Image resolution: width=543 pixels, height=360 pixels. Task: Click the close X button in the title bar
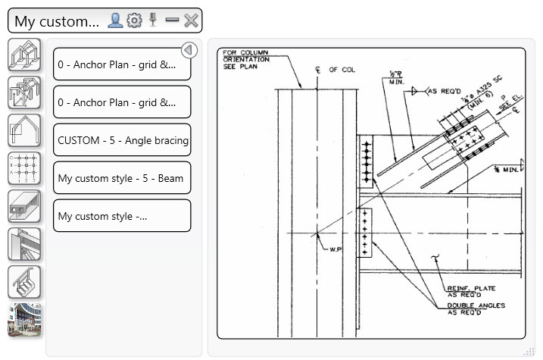click(192, 20)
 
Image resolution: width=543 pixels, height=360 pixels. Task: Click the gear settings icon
click(135, 20)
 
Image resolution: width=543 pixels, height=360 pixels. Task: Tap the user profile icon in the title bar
click(115, 20)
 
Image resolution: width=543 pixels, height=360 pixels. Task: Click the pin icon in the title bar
click(154, 20)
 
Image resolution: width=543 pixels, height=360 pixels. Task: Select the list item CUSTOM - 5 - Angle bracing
click(122, 140)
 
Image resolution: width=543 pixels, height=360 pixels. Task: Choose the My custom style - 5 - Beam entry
click(122, 178)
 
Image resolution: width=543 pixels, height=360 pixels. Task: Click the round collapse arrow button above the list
click(189, 51)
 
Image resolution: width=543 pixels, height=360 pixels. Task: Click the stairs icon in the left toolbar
click(23, 282)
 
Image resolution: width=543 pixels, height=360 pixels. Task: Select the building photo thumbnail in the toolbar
click(23, 319)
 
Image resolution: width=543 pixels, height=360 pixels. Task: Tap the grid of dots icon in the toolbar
click(23, 168)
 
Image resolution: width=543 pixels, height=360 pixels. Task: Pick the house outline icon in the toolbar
click(23, 130)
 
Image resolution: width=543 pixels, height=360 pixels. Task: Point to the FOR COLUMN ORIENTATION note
click(246, 59)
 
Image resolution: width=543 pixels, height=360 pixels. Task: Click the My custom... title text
click(57, 21)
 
